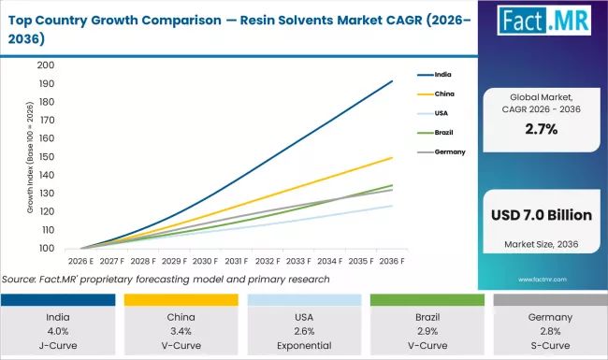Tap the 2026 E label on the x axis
[80, 262]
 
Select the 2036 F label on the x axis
[390, 262]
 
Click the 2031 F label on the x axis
[236, 262]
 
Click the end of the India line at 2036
[390, 81]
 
